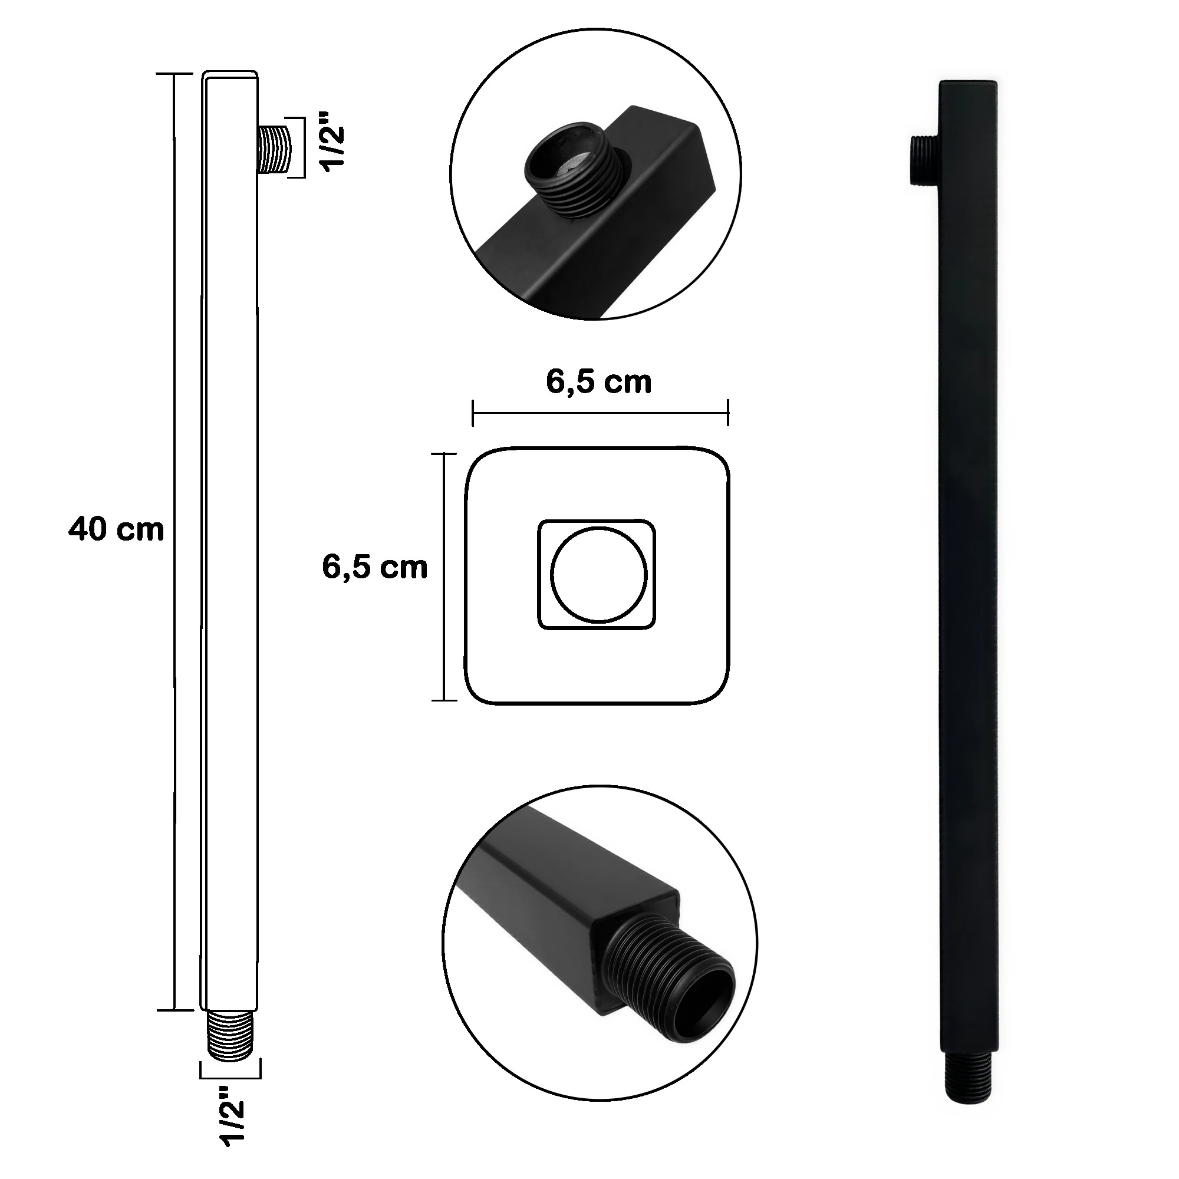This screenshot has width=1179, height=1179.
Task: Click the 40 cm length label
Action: [x=116, y=529]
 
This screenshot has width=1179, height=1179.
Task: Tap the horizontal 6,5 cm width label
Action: [x=599, y=383]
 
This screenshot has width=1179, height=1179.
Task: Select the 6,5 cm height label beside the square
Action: [x=375, y=568]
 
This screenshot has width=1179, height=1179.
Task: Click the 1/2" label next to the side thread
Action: [x=334, y=141]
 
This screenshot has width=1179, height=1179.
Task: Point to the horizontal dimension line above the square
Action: [x=600, y=413]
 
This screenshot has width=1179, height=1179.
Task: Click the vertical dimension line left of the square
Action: [x=444, y=576]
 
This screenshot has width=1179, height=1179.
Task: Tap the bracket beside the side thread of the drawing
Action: [x=301, y=147]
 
